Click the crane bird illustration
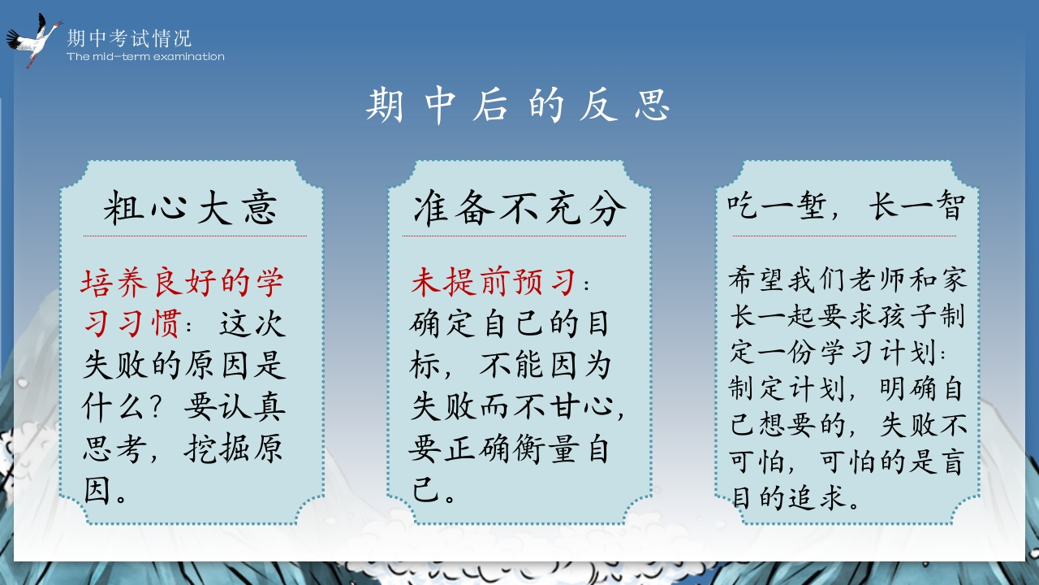tap(33, 41)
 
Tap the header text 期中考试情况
tap(129, 38)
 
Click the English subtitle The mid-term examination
tap(145, 57)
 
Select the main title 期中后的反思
tap(518, 106)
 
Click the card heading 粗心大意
tap(190, 207)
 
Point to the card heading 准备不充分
tap(519, 207)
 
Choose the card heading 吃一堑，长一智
tap(846, 206)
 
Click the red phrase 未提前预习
tap(493, 282)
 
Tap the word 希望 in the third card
tap(756, 279)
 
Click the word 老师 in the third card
tap(877, 279)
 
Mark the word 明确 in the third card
tap(908, 388)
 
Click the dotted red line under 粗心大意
tap(195, 236)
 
